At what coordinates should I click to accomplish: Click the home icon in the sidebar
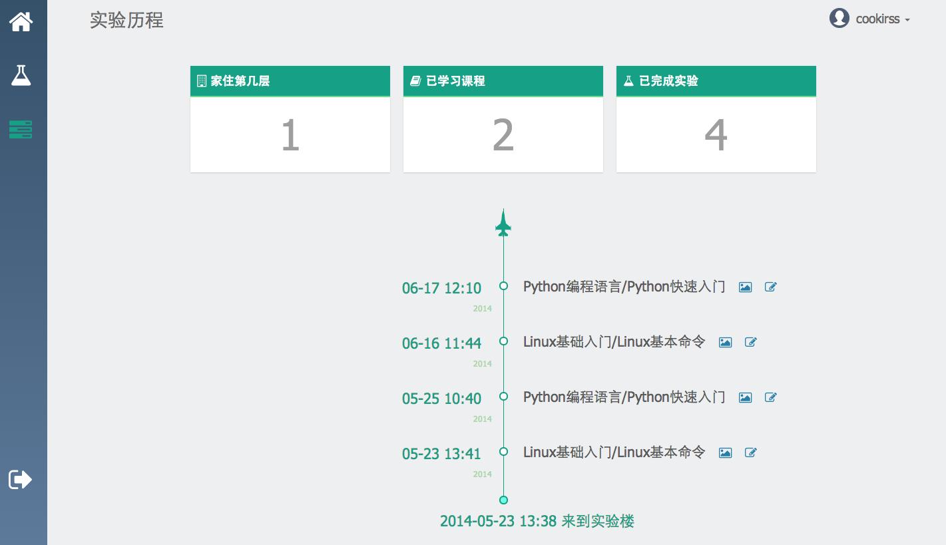click(21, 21)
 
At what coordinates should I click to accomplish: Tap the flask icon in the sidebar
click(21, 76)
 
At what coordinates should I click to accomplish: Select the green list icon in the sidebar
click(21, 130)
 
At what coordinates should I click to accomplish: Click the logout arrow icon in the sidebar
click(20, 479)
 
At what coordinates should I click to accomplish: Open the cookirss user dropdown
click(883, 19)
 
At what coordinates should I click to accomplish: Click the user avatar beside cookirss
click(839, 18)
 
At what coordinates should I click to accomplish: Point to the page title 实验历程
click(126, 20)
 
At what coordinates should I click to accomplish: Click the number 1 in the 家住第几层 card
click(290, 134)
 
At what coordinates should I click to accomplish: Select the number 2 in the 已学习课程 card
click(503, 134)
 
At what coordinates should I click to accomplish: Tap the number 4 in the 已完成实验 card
click(716, 134)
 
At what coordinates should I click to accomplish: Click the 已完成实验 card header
click(716, 81)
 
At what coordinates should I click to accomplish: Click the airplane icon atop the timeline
click(503, 223)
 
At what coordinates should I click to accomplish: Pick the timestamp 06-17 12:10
click(441, 288)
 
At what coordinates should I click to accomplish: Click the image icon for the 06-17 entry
click(745, 287)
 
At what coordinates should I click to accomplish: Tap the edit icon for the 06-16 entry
click(750, 342)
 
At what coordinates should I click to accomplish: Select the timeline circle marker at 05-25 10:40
click(503, 397)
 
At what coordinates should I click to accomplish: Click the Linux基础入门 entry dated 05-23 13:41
click(614, 452)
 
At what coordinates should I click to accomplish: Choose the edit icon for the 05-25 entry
click(770, 397)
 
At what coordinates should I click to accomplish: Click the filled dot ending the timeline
click(503, 500)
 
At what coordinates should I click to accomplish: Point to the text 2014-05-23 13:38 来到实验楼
click(537, 521)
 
